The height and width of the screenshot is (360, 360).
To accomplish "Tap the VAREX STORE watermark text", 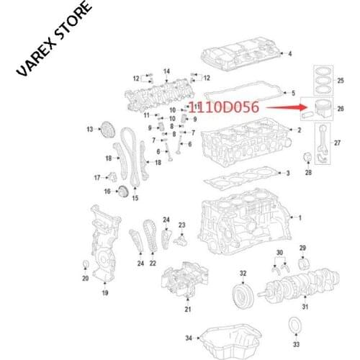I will pyautogui.click(x=53, y=40).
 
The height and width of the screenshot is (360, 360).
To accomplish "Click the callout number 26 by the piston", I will pyautogui.click(x=340, y=109).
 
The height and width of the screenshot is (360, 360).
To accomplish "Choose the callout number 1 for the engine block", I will pyautogui.click(x=301, y=217).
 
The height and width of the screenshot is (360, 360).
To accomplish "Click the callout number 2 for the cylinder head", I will pyautogui.click(x=298, y=130).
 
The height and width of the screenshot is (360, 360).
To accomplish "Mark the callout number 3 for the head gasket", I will pyautogui.click(x=287, y=174).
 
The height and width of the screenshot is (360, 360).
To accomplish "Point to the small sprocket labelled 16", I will pyautogui.click(x=123, y=191).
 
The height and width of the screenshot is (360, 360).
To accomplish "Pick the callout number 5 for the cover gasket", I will pyautogui.click(x=292, y=93).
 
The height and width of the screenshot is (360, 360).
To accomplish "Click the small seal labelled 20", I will pyautogui.click(x=86, y=263).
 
